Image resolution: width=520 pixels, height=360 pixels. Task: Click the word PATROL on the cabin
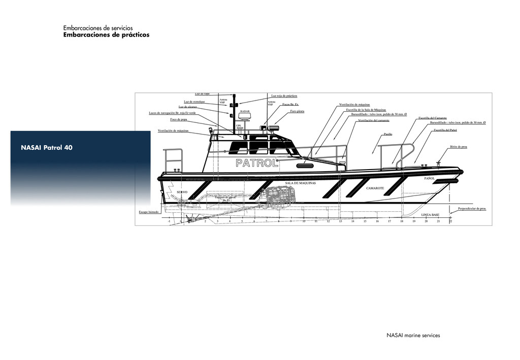point(257,163)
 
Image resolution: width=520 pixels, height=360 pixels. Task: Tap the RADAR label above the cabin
point(245,111)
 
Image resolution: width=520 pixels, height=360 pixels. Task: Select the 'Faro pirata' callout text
point(297,111)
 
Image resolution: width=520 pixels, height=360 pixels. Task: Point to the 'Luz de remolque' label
point(194,102)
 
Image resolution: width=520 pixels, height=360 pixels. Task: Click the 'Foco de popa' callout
point(178,119)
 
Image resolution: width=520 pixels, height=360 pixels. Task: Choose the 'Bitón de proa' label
point(458,147)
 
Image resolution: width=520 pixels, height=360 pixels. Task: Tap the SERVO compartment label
point(182,192)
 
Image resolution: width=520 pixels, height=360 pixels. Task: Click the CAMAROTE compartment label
point(375,188)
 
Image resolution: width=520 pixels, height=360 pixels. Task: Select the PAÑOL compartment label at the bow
point(430,179)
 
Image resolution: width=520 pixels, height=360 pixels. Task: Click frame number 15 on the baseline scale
point(365,221)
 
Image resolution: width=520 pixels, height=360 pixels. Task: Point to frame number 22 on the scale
point(450,221)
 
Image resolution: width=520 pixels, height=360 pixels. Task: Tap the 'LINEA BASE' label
point(430,215)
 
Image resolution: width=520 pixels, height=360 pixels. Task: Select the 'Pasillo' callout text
point(387,135)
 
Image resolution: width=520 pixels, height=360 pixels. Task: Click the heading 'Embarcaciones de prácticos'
point(106,35)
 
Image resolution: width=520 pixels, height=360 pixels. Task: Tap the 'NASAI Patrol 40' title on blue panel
point(47,148)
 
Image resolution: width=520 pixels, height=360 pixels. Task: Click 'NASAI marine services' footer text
point(413,335)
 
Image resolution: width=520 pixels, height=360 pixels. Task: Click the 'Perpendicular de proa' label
point(472,208)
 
